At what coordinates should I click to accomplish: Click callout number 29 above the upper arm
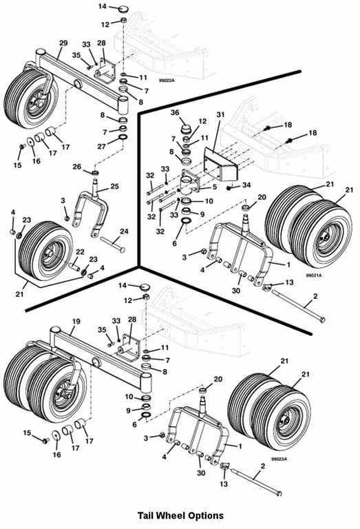(x=63, y=43)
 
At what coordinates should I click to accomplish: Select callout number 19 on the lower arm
(x=76, y=321)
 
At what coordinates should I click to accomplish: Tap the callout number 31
(x=220, y=115)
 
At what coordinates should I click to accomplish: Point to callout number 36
(x=175, y=113)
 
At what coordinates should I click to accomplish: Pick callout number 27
(x=101, y=147)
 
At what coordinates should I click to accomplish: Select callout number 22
(x=80, y=251)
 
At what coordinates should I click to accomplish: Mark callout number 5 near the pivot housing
(x=214, y=187)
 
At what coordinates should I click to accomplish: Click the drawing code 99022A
(x=167, y=81)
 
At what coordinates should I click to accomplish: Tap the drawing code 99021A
(x=313, y=276)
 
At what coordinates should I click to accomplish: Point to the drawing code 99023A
(x=279, y=459)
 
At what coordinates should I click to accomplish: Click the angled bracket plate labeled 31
(x=221, y=165)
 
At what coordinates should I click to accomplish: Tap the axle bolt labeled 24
(x=112, y=245)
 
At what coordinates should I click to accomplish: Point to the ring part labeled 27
(x=123, y=138)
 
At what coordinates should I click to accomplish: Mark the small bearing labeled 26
(x=96, y=174)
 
